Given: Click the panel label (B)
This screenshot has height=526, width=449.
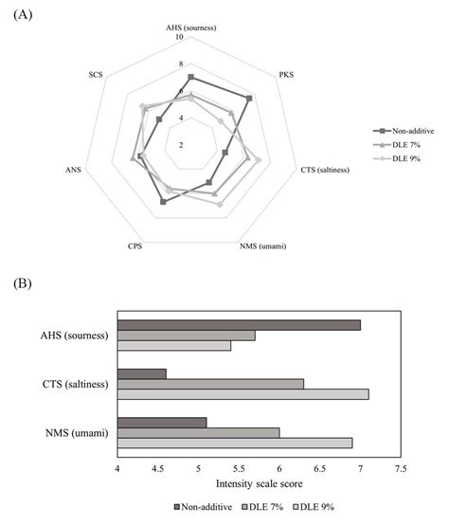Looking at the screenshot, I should pos(20,282).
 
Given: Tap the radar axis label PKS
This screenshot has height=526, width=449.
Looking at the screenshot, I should pos(287,73).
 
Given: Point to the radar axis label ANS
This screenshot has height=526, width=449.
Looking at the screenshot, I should pos(73,171).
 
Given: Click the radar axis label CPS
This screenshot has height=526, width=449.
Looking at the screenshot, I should pos(135,246).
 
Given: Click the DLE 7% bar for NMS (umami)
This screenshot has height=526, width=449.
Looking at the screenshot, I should pos(198,431).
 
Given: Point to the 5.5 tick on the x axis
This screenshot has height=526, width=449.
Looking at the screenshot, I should pos(239,468).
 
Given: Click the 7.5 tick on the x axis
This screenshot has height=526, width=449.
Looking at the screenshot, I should pos(401,468).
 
